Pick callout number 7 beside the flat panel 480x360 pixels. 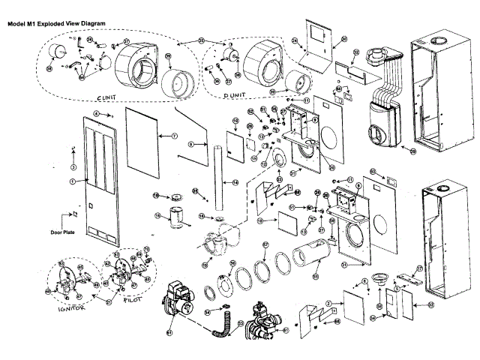[173, 136]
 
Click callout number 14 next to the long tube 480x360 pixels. [234, 182]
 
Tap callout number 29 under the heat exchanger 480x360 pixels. [412, 151]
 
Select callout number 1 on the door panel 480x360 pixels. [73, 181]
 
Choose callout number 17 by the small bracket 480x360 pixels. [420, 268]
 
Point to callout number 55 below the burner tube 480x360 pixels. [315, 277]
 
